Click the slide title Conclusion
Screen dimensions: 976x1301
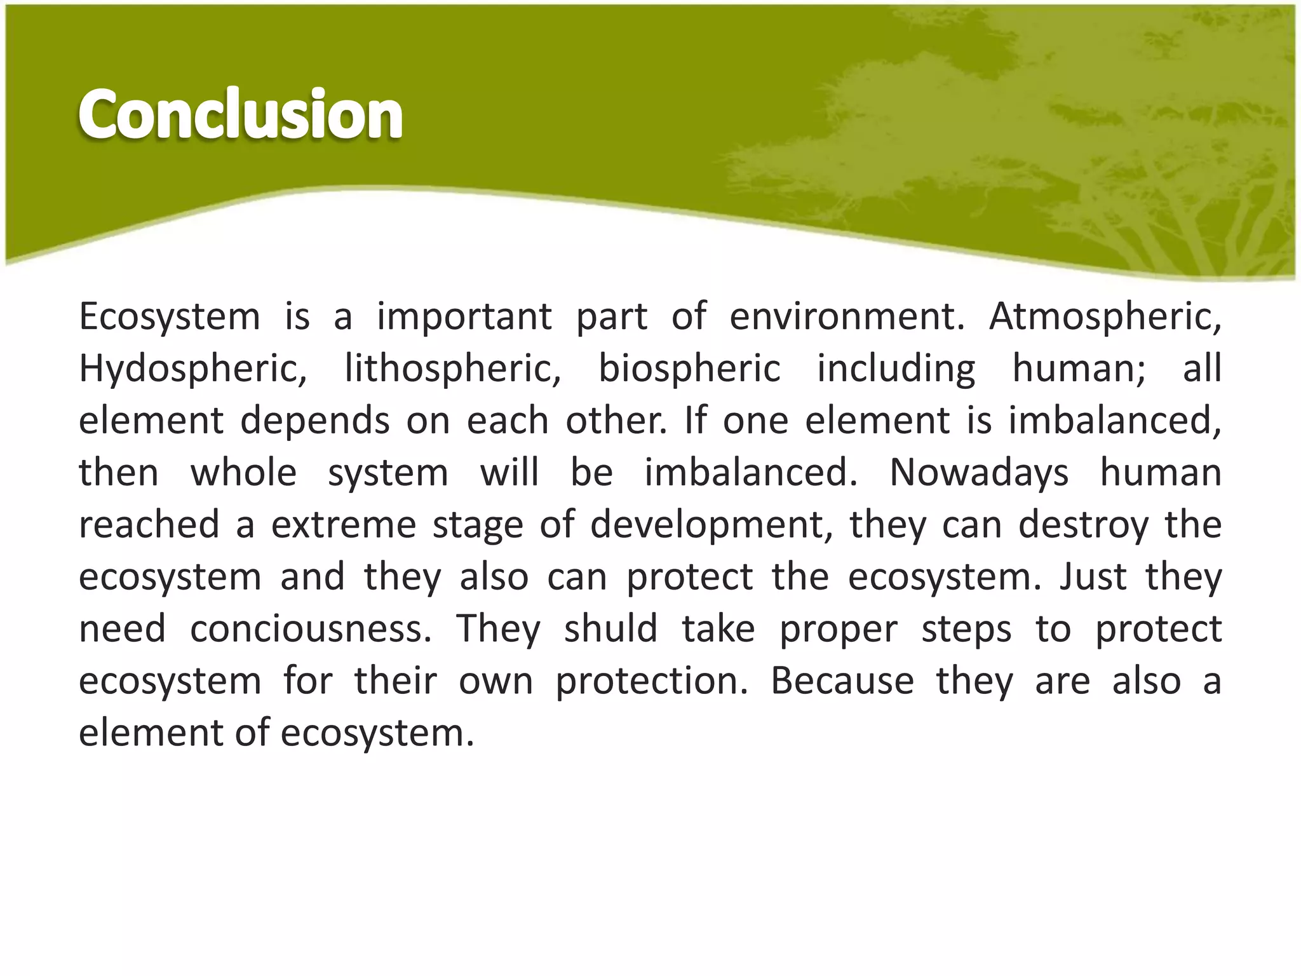[240, 114]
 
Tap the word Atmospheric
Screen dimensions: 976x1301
[1105, 316]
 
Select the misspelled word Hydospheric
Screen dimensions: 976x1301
[192, 369]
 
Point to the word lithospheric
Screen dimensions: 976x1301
[452, 369]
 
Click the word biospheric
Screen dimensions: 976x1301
[689, 369]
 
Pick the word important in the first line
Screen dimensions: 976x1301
[464, 316]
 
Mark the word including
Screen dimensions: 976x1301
[896, 369]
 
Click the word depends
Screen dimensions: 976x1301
[315, 421]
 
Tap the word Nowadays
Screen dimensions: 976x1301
[979, 473]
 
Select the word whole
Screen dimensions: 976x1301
[244, 473]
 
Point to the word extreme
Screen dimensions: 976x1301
[344, 525]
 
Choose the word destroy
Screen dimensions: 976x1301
[1084, 525]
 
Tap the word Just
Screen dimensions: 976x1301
[1093, 577]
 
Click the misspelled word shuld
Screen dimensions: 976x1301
[610, 629]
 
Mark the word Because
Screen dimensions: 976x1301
[842, 681]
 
